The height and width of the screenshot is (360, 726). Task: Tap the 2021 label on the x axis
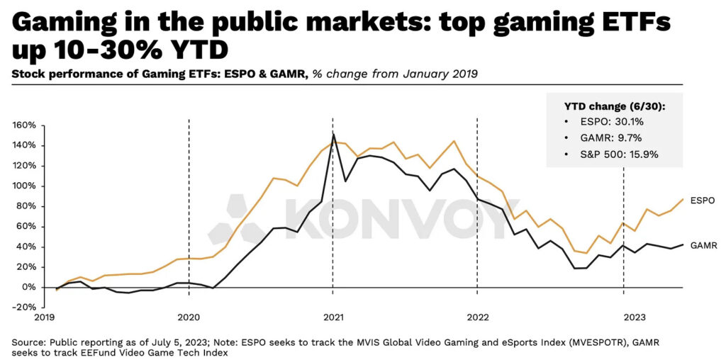coord(333,318)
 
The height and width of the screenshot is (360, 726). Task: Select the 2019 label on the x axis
coord(45,318)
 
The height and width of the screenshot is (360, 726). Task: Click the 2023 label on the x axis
coord(623,318)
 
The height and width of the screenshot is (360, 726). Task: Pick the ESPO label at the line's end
coord(702,201)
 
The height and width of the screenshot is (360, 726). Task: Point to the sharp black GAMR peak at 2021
coord(333,134)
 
